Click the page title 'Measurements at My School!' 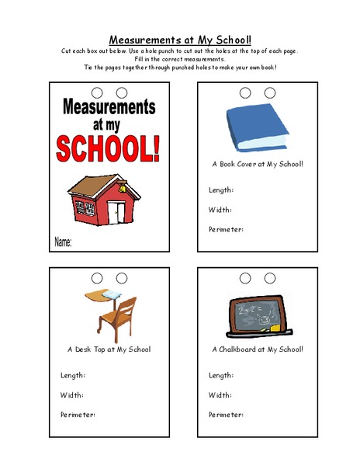pyautogui.click(x=180, y=39)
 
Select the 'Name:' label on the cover pyautogui.click(x=63, y=243)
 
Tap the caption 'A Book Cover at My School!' pyautogui.click(x=258, y=165)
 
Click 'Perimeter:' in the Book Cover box pyautogui.click(x=227, y=229)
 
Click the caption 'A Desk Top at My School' pyautogui.click(x=109, y=349)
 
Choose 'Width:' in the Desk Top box pyautogui.click(x=72, y=395)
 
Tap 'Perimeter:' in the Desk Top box pyautogui.click(x=78, y=415)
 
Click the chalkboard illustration pyautogui.click(x=255, y=314)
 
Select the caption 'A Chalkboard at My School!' pyautogui.click(x=258, y=349)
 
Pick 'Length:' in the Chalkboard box pyautogui.click(x=221, y=375)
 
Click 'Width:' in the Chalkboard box pyautogui.click(x=220, y=395)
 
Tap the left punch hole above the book pyautogui.click(x=246, y=92)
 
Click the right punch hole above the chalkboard pyautogui.click(x=270, y=277)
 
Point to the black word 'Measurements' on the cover pyautogui.click(x=108, y=106)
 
